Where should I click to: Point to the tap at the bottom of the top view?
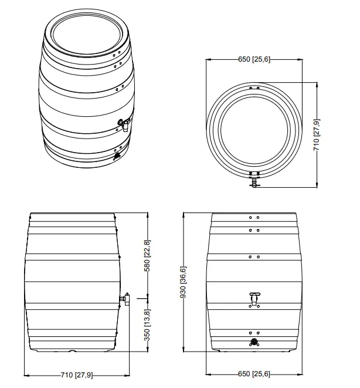(254, 180)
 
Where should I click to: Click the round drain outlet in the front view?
(254, 341)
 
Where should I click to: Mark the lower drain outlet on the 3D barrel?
(116, 156)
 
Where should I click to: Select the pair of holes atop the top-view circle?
(254, 88)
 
